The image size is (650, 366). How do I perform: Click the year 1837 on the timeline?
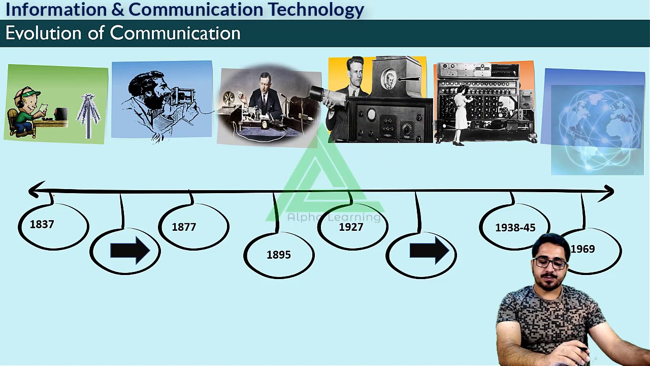click(x=42, y=224)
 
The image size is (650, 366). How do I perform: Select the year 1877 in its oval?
click(x=184, y=227)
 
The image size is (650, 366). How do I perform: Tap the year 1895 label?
click(x=279, y=255)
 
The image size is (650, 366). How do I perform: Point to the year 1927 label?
click(x=351, y=227)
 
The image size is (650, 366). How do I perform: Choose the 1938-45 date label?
click(x=515, y=228)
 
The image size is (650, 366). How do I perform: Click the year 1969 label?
click(x=582, y=249)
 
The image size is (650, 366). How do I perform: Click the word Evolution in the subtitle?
click(x=44, y=34)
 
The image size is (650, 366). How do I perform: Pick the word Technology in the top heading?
click(x=316, y=9)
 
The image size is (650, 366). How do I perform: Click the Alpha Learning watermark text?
click(x=333, y=218)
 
